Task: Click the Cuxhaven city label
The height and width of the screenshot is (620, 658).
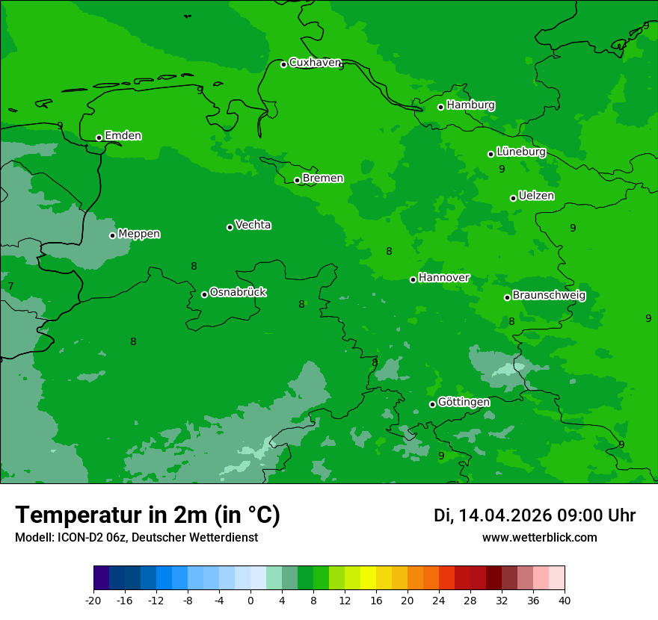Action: click(315, 63)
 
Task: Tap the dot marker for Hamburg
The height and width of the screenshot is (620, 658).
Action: click(441, 107)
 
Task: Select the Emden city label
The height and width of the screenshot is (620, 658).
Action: click(123, 136)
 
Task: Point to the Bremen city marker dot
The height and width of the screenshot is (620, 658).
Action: click(297, 180)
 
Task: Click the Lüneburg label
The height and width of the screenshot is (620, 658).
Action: click(520, 152)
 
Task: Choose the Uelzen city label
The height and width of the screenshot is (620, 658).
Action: click(536, 196)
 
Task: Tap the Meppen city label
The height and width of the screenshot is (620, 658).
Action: click(139, 234)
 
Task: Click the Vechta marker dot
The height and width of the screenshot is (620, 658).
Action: click(230, 227)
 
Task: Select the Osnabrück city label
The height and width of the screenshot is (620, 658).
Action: click(238, 292)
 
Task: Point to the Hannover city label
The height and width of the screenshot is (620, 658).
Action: click(443, 278)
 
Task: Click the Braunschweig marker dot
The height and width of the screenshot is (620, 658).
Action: click(507, 297)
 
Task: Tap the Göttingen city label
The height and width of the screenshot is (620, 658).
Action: click(464, 403)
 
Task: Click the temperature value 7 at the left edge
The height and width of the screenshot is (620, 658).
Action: click(10, 286)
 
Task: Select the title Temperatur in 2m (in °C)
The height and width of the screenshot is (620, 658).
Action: click(147, 515)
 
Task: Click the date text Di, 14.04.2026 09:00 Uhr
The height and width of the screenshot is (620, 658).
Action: click(535, 515)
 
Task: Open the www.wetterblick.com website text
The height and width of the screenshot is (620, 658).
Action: click(539, 538)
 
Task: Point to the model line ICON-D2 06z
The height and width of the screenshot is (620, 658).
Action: click(136, 538)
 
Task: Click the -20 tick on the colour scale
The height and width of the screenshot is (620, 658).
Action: click(93, 601)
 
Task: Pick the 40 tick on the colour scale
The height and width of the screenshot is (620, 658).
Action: click(565, 601)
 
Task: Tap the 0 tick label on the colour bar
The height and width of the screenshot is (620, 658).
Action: click(250, 601)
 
